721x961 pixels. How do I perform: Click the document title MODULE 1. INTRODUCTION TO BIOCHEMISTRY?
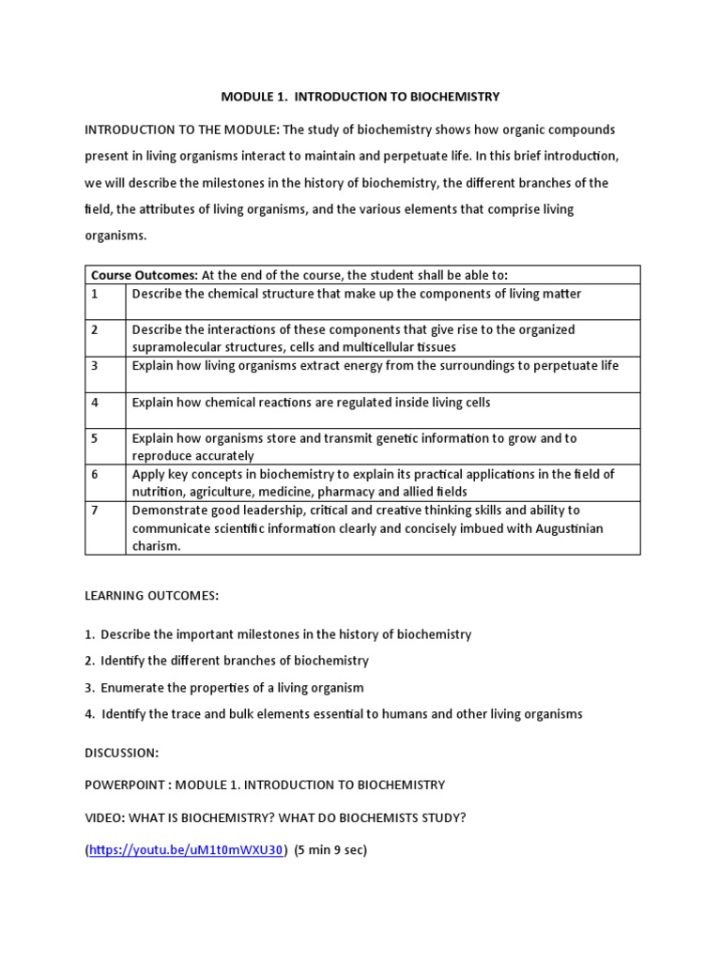tap(360, 97)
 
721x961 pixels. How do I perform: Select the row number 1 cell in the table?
tap(95, 294)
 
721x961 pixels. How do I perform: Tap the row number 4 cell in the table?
tap(95, 402)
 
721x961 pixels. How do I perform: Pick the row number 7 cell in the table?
tap(95, 511)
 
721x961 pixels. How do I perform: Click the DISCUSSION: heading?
tap(122, 753)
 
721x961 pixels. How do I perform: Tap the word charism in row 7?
tap(155, 546)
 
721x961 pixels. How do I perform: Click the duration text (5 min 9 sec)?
tap(330, 850)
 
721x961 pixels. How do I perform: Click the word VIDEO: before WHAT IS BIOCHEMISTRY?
tap(105, 817)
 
